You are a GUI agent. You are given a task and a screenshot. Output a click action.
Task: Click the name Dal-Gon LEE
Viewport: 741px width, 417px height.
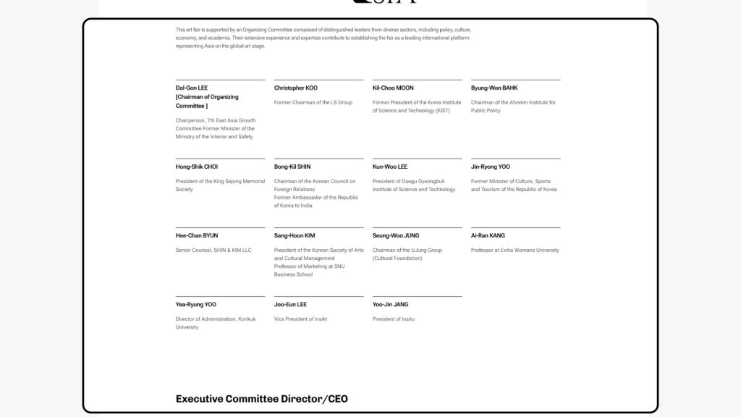(192, 88)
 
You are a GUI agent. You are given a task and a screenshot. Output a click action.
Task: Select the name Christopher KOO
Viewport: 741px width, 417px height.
(295, 88)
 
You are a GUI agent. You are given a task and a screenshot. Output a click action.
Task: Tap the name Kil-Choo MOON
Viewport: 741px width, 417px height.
(393, 88)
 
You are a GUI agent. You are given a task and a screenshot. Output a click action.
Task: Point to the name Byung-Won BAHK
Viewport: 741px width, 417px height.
(494, 88)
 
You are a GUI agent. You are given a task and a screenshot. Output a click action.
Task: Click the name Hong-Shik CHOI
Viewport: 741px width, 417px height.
(196, 167)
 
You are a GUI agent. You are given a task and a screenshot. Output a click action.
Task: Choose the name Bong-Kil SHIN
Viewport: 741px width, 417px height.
(292, 167)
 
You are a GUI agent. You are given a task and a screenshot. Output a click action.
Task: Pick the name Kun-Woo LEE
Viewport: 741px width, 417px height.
(390, 167)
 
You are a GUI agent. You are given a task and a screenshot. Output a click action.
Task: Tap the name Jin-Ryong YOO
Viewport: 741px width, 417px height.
(491, 167)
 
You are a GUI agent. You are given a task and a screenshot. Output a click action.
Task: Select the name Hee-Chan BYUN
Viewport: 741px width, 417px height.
(196, 236)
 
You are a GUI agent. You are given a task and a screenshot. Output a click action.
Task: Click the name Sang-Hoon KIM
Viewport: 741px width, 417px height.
(295, 236)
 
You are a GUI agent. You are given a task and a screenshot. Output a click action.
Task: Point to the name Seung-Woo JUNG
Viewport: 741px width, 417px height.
(396, 236)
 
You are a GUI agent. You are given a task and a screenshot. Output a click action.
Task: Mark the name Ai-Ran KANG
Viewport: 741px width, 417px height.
(488, 236)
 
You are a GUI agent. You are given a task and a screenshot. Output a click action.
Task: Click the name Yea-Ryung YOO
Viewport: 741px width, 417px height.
(195, 305)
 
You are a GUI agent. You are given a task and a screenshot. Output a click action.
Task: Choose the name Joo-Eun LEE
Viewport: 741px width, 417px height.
(290, 305)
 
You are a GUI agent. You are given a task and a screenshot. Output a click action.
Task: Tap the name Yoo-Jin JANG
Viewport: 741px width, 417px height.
(390, 305)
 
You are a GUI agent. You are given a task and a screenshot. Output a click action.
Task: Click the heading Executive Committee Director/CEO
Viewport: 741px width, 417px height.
(262, 399)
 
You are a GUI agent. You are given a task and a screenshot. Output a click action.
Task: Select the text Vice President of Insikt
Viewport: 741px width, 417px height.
(300, 319)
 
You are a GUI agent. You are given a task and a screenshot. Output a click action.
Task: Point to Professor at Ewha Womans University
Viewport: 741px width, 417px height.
(515, 250)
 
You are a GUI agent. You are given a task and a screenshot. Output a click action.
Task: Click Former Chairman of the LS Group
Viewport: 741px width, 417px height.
(313, 103)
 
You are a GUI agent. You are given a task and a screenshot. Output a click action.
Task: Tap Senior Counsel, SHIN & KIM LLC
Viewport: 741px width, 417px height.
(213, 250)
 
